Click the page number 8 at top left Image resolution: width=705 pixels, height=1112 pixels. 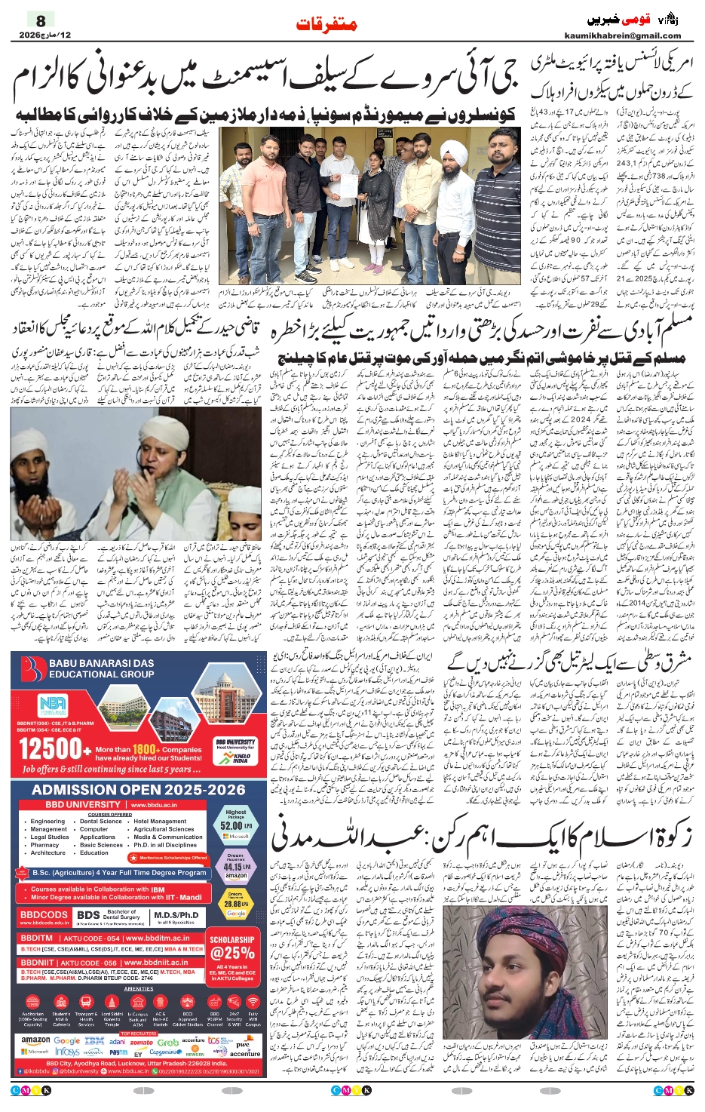41,20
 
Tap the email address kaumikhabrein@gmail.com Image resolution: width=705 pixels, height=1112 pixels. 623,35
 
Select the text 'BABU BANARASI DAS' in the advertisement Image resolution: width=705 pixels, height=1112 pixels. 101,664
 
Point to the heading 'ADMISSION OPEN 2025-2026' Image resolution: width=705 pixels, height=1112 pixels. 139,789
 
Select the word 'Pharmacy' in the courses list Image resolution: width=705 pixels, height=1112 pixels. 44,845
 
